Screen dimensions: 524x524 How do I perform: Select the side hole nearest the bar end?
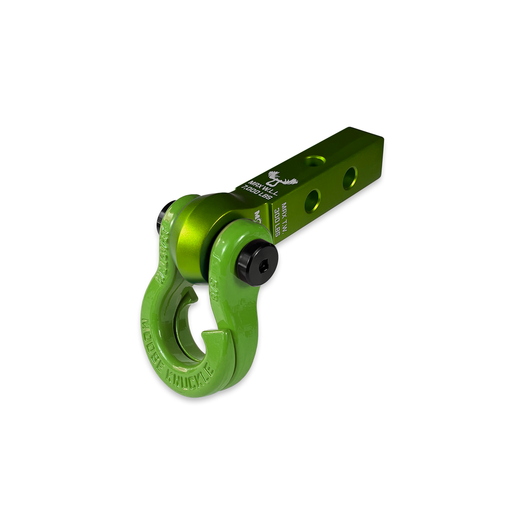pyautogui.click(x=351, y=174)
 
